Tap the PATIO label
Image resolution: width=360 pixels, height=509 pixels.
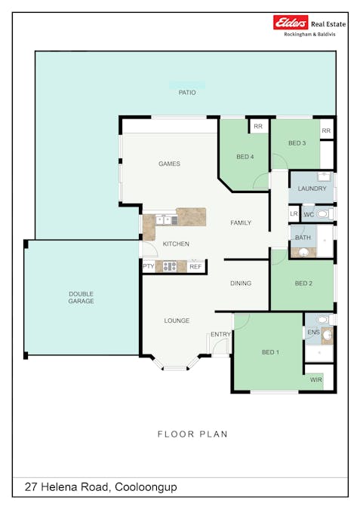(187, 93)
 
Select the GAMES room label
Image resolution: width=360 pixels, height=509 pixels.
(169, 164)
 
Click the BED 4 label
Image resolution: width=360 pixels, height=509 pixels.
(245, 156)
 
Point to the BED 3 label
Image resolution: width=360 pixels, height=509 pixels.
(297, 143)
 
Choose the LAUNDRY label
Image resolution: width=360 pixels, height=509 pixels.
(312, 189)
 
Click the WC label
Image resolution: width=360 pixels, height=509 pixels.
(309, 214)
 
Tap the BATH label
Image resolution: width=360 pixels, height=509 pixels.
(303, 238)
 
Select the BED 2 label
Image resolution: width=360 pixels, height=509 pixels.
(303, 284)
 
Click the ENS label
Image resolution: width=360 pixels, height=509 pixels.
(312, 331)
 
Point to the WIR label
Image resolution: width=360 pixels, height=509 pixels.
(315, 380)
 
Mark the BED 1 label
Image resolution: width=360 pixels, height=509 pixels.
(270, 352)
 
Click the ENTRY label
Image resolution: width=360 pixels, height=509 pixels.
(221, 334)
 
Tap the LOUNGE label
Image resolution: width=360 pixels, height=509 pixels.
(177, 320)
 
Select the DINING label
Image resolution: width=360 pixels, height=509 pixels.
(241, 284)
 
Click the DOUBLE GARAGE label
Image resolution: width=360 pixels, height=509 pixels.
(81, 297)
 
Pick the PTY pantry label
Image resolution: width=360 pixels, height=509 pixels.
(148, 266)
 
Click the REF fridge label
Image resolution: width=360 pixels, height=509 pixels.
(195, 266)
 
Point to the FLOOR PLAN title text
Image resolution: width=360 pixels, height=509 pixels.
(192, 434)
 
